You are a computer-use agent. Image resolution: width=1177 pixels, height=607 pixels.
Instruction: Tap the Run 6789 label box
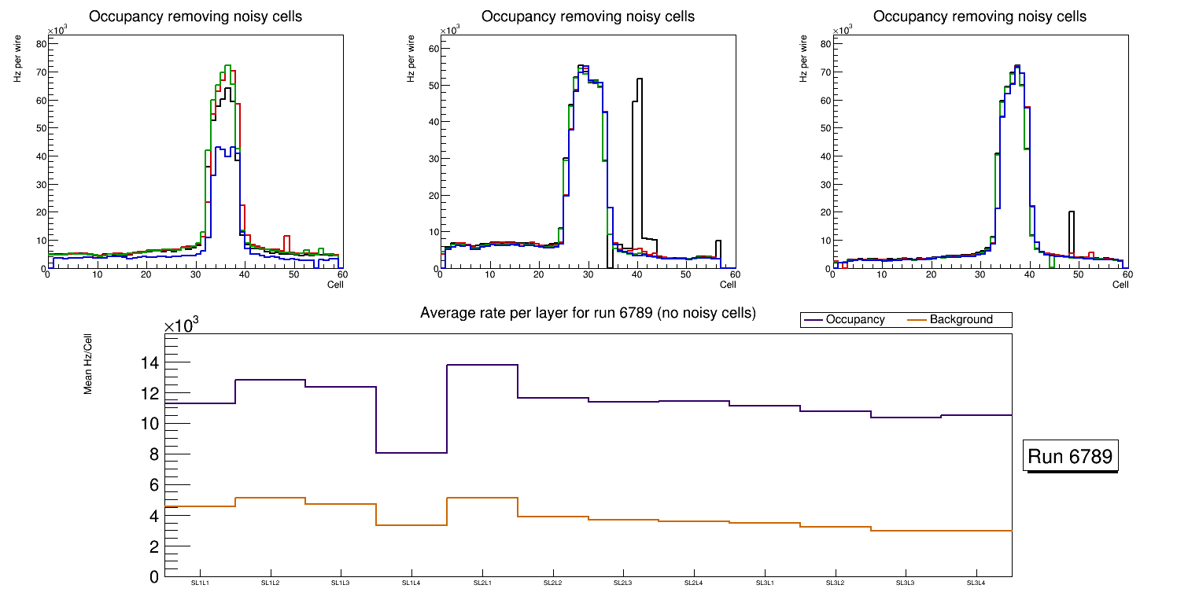coord(1071,457)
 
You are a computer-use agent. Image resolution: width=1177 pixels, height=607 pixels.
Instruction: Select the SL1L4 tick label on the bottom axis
coord(411,583)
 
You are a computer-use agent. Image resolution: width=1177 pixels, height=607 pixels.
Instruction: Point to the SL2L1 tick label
coord(482,583)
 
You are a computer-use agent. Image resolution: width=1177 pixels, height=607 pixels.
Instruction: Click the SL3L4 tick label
coord(976,583)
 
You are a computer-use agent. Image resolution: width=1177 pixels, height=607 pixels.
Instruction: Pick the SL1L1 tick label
coord(200,583)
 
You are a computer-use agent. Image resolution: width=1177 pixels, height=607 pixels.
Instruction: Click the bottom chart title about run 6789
coord(588,313)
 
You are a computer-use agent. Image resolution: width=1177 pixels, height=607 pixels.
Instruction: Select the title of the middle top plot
coord(588,17)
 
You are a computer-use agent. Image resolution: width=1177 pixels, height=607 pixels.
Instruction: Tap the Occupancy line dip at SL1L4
coord(411,453)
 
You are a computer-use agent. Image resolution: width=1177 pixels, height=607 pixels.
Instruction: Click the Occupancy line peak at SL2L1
coord(482,365)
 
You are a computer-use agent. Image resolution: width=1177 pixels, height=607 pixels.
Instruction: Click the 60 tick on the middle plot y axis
coord(431,49)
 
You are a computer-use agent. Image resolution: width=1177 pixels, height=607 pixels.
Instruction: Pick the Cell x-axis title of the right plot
coord(1120,285)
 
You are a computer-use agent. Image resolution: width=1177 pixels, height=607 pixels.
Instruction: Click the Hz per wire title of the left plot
coord(17,64)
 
